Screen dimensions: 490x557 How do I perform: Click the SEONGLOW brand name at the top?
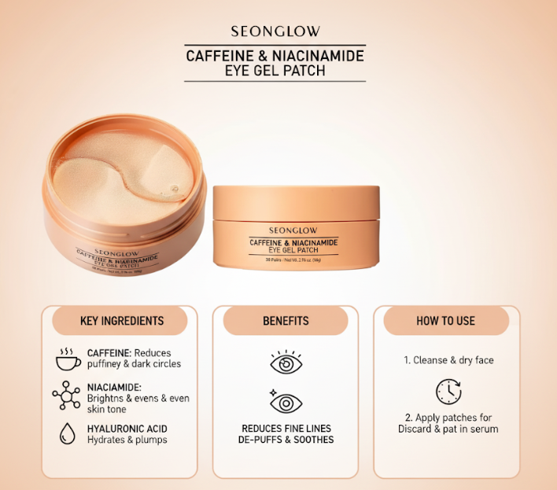pos(275,32)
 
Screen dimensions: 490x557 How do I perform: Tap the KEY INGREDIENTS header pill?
pos(122,321)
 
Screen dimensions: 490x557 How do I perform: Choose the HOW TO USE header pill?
pos(446,321)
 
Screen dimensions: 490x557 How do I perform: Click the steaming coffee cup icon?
pos(68,359)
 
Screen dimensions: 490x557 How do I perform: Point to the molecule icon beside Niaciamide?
pos(67,395)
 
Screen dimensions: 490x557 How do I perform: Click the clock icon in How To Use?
pos(448,392)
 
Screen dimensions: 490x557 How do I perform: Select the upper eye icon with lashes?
pos(286,363)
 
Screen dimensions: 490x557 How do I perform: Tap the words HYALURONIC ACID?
pos(127,429)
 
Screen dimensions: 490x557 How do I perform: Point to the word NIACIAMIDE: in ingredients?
pos(115,387)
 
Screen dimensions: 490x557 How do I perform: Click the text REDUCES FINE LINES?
pos(286,429)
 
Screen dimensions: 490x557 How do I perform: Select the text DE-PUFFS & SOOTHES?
pos(286,440)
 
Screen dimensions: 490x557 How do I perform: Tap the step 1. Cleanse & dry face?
pos(448,360)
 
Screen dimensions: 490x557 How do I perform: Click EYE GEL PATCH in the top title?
pos(275,71)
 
